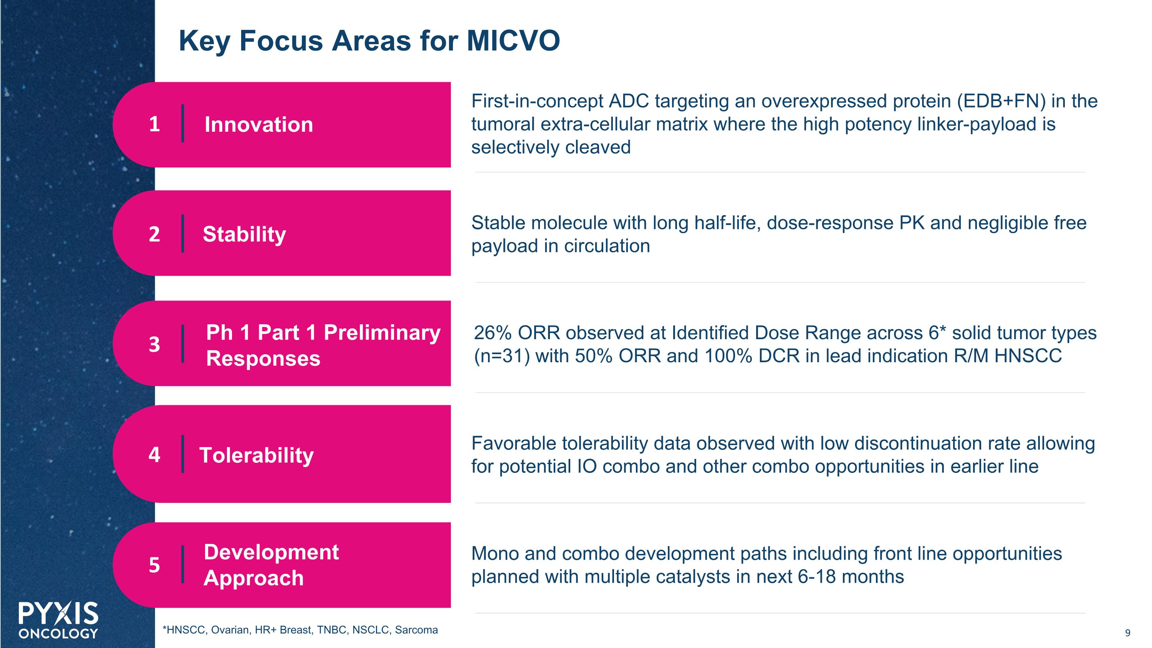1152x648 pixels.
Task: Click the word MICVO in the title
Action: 513,41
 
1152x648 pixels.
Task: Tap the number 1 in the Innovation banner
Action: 154,124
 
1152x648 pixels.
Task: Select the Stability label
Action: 244,234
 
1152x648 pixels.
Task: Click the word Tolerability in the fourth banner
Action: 256,455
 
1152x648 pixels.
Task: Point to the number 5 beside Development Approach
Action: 154,565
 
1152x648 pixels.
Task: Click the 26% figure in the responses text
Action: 492,333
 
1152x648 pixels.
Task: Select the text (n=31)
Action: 502,356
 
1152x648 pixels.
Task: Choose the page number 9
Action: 1127,633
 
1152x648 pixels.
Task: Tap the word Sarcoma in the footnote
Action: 416,630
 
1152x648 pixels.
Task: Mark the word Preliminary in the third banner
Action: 382,332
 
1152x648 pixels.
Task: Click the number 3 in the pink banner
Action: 154,344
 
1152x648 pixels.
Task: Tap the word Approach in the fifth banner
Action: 253,578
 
